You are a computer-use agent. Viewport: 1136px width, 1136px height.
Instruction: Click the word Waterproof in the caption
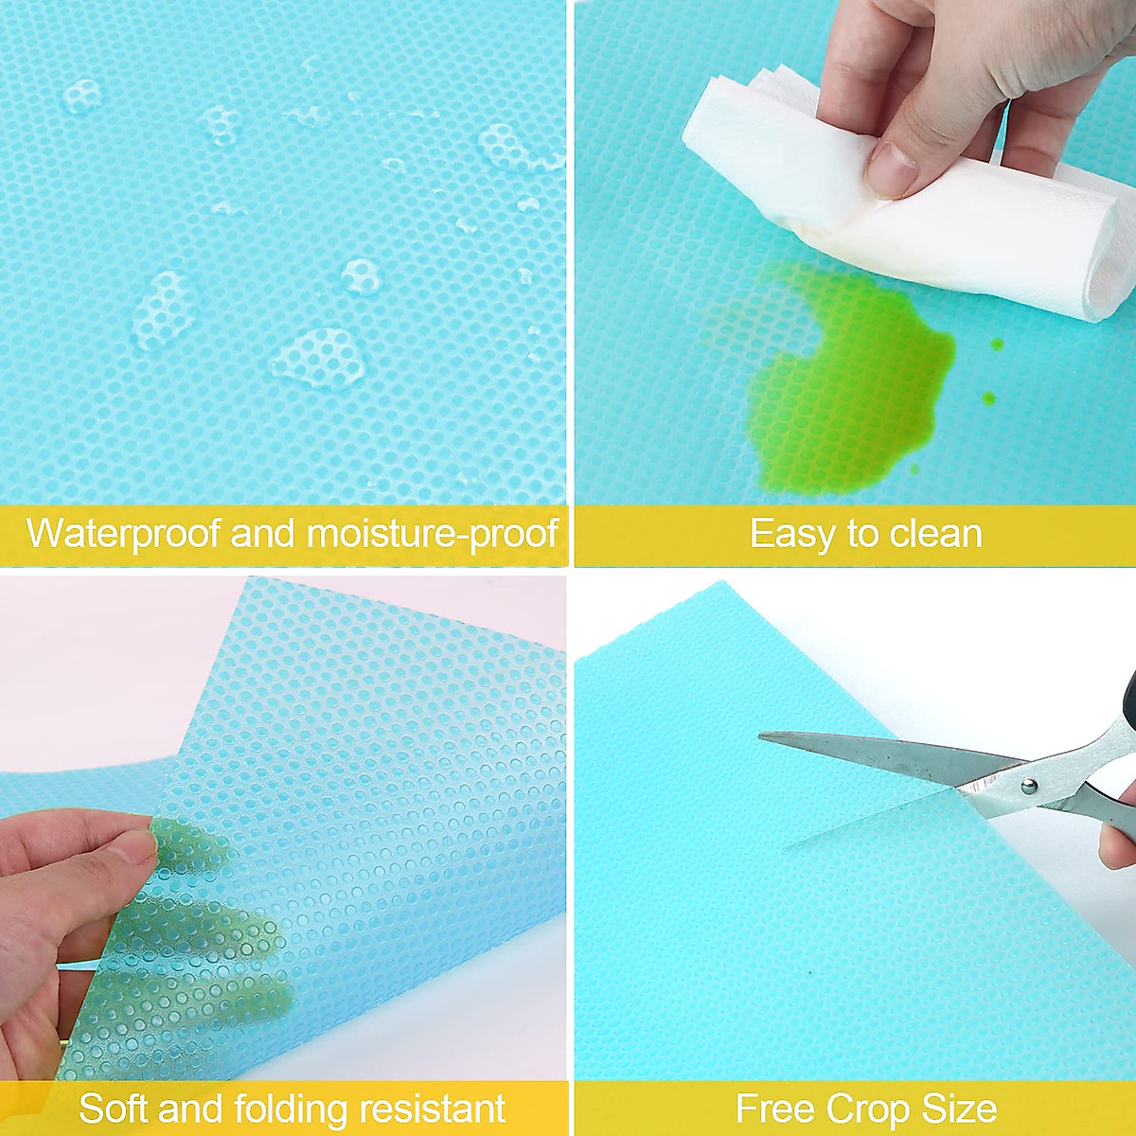(123, 534)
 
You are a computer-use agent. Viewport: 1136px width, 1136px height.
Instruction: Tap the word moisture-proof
(432, 534)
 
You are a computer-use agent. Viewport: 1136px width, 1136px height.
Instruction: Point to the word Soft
(113, 1092)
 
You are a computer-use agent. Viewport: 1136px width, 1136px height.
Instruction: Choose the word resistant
(433, 1092)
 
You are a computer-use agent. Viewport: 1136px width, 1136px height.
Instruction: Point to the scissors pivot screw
(1029, 785)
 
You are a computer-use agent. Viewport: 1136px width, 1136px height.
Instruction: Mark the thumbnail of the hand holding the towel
(892, 169)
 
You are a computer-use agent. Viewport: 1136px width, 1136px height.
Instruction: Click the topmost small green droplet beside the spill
(996, 345)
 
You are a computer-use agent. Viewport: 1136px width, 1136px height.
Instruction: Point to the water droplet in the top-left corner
(81, 97)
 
